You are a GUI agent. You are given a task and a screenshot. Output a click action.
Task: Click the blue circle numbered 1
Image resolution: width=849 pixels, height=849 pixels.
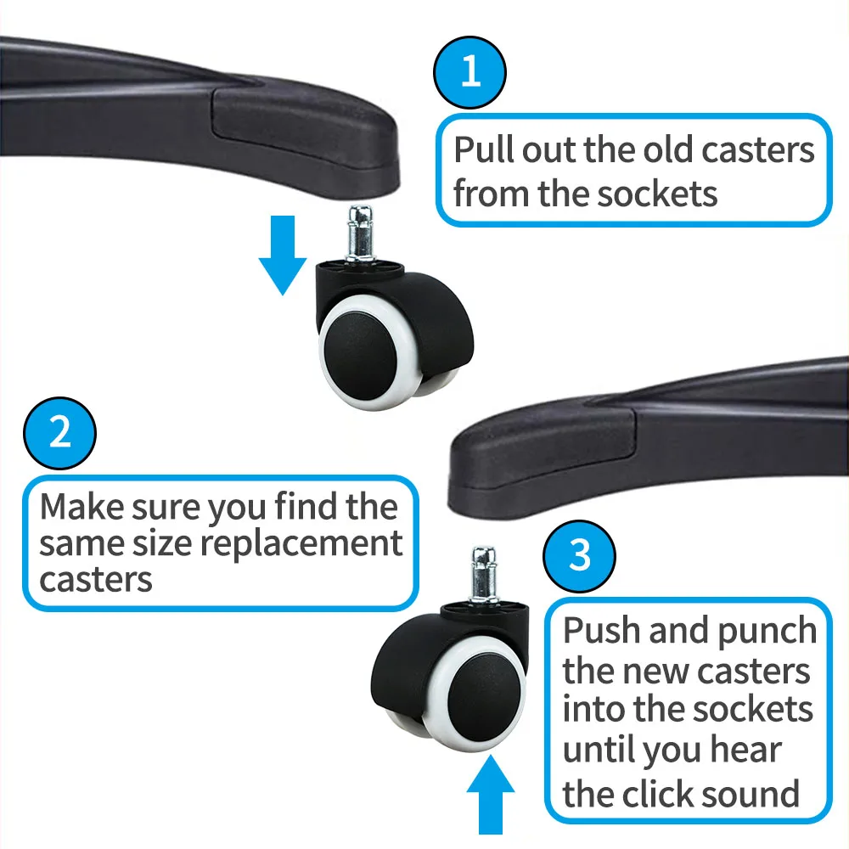470,72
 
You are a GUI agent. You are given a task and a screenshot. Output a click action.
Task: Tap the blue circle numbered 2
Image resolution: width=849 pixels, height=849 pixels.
59,433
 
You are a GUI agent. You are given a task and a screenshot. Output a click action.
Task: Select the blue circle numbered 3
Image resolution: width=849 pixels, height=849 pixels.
579,556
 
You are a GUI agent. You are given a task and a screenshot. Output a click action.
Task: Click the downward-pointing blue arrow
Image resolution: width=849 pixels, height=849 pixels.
283,255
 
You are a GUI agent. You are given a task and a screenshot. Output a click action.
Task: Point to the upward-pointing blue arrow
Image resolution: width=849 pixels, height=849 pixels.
491,795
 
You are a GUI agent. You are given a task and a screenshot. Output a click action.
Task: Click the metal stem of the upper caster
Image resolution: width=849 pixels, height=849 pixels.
360,233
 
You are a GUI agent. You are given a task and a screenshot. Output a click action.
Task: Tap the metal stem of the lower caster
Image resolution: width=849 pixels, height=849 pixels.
484,576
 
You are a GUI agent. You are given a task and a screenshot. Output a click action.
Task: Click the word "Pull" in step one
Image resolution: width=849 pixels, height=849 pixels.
484,149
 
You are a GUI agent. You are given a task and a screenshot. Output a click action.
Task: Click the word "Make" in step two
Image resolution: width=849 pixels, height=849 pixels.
82,507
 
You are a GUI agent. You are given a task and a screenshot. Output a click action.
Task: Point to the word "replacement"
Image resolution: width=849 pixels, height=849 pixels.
302,544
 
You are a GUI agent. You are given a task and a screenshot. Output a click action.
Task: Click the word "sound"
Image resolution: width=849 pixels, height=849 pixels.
756,795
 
